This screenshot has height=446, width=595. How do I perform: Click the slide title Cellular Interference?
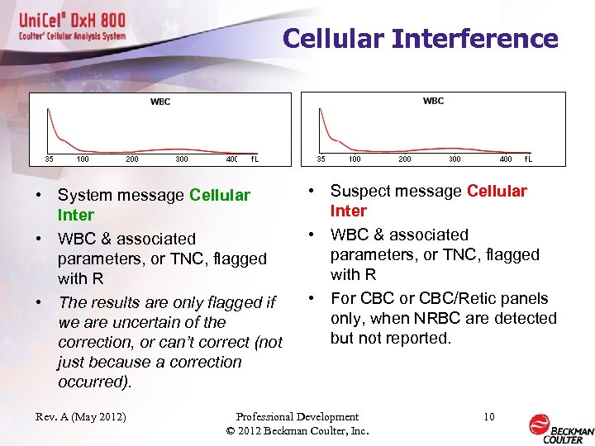420,39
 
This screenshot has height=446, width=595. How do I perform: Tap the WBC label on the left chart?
160,102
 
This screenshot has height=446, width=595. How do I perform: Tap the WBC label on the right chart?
433,101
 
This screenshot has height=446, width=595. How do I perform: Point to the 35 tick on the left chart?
49,159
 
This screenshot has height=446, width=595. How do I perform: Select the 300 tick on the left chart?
181,159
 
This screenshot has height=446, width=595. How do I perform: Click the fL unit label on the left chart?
255,159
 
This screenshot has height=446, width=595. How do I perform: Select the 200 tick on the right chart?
404,159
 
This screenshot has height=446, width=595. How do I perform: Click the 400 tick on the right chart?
505,159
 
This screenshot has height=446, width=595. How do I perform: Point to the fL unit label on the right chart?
527,159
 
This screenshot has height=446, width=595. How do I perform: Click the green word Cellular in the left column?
219,196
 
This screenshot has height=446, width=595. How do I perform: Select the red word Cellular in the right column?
497,192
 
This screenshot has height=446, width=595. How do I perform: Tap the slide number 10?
488,417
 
